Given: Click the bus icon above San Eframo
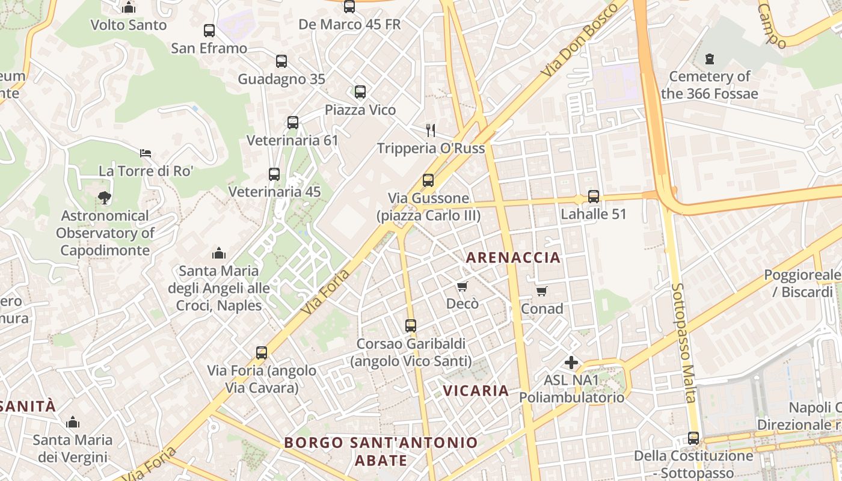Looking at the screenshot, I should pyautogui.click(x=209, y=31).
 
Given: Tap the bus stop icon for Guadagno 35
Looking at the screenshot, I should pyautogui.click(x=281, y=61).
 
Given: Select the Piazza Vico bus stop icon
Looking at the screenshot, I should pyautogui.click(x=360, y=92).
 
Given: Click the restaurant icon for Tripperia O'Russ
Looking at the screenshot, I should pyautogui.click(x=431, y=130).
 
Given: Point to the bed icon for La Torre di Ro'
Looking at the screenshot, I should pyautogui.click(x=146, y=153).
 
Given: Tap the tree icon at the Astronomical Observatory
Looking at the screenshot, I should pyautogui.click(x=104, y=198).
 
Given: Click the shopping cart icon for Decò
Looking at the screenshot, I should pyautogui.click(x=462, y=286).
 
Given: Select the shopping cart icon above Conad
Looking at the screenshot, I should pyautogui.click(x=542, y=292).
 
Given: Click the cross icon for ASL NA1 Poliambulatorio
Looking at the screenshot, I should pyautogui.click(x=571, y=363).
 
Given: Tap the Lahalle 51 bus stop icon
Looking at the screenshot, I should pyautogui.click(x=594, y=197).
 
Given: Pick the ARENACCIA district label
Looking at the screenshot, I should pyautogui.click(x=513, y=258).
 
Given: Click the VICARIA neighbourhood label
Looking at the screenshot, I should pyautogui.click(x=476, y=390).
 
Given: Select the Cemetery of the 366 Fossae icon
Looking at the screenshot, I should pyautogui.click(x=710, y=59).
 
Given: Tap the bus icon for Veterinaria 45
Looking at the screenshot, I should pyautogui.click(x=274, y=174).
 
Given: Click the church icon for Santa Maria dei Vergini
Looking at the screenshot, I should pyautogui.click(x=73, y=422).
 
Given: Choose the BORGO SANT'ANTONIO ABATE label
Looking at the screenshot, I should pyautogui.click(x=381, y=452).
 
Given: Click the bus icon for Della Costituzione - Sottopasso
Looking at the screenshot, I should pyautogui.click(x=693, y=438).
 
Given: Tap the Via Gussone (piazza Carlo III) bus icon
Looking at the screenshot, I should pyautogui.click(x=428, y=180).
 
